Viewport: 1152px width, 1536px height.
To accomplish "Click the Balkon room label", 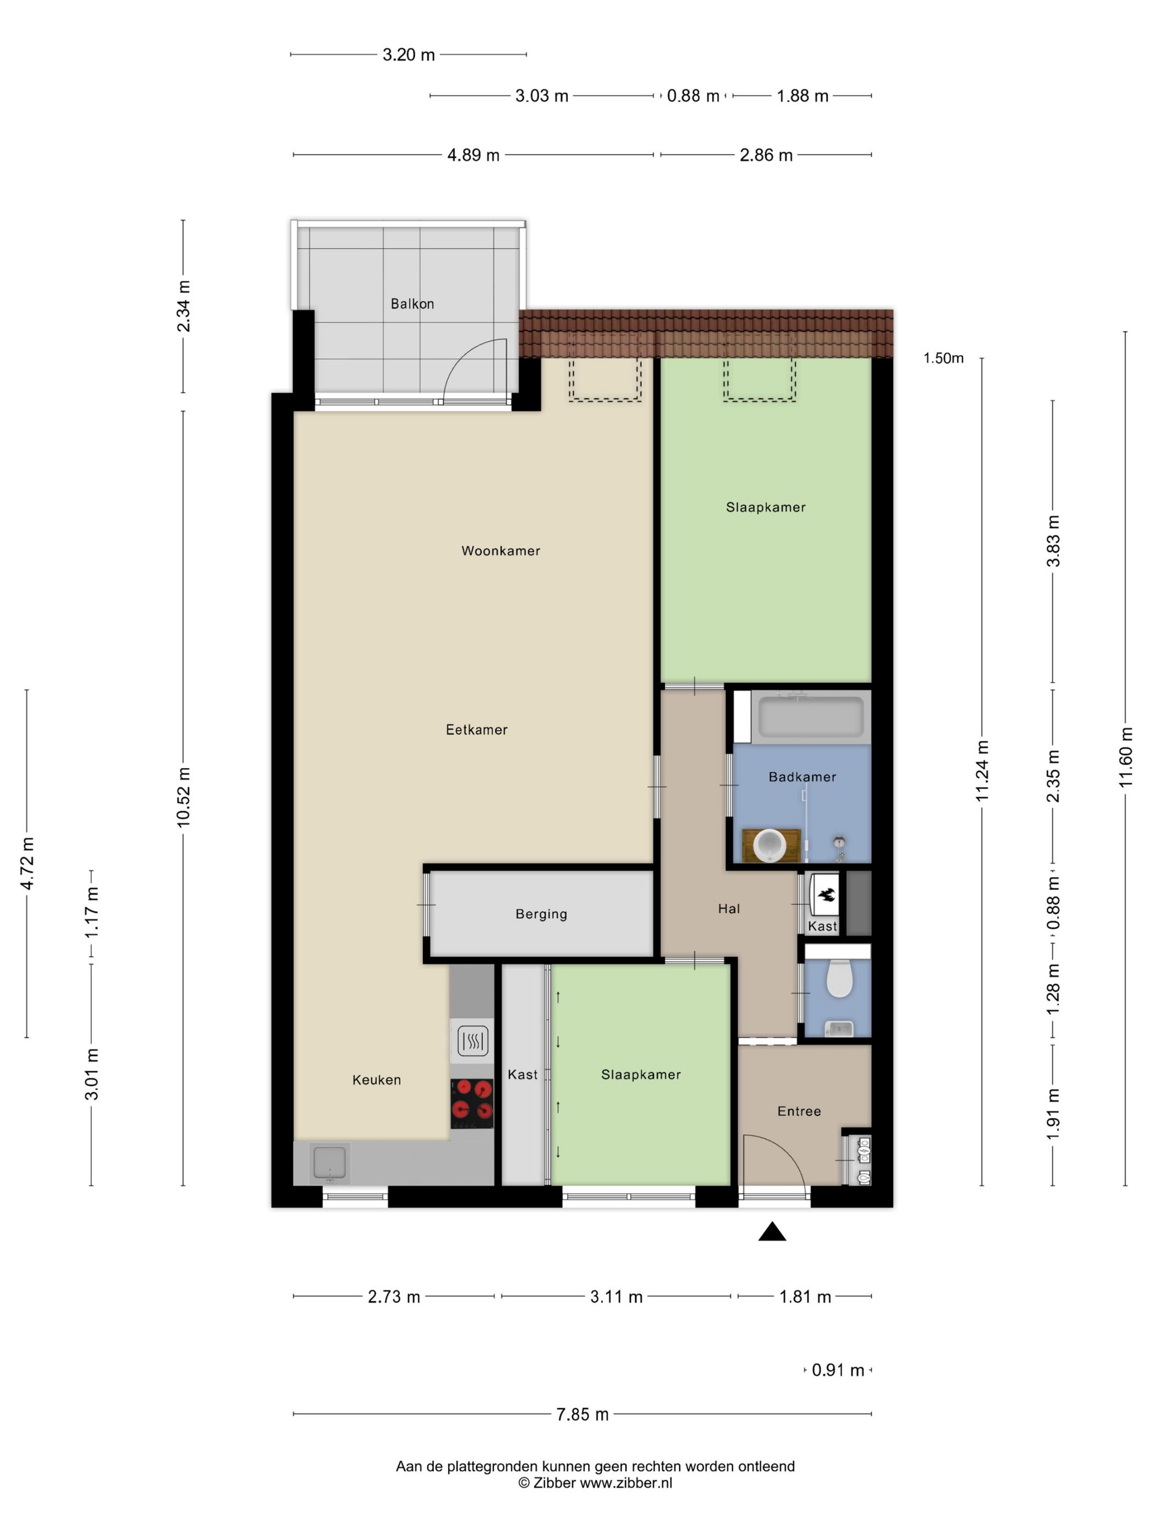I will [x=412, y=303].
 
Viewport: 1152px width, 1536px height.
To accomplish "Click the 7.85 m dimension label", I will [x=582, y=1414].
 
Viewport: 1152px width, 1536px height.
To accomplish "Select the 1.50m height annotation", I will [x=942, y=358].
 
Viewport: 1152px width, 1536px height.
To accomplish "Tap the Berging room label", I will [x=541, y=914].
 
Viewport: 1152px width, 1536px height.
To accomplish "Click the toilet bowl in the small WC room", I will [x=839, y=978].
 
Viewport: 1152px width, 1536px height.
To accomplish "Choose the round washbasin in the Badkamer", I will [x=770, y=845].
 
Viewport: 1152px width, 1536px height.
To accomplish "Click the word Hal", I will [x=729, y=908].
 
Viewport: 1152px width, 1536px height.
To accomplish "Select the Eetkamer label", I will [x=476, y=730].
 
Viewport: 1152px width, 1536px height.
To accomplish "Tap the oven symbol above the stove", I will [x=472, y=1041].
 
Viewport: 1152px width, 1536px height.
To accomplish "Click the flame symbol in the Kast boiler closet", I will [x=826, y=895].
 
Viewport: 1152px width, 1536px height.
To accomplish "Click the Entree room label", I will [x=799, y=1111].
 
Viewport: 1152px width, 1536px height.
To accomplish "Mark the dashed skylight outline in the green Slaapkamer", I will [x=759, y=377].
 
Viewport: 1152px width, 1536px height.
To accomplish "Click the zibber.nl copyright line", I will [x=595, y=1483].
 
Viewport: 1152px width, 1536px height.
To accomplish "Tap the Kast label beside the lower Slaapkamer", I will [x=522, y=1074].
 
